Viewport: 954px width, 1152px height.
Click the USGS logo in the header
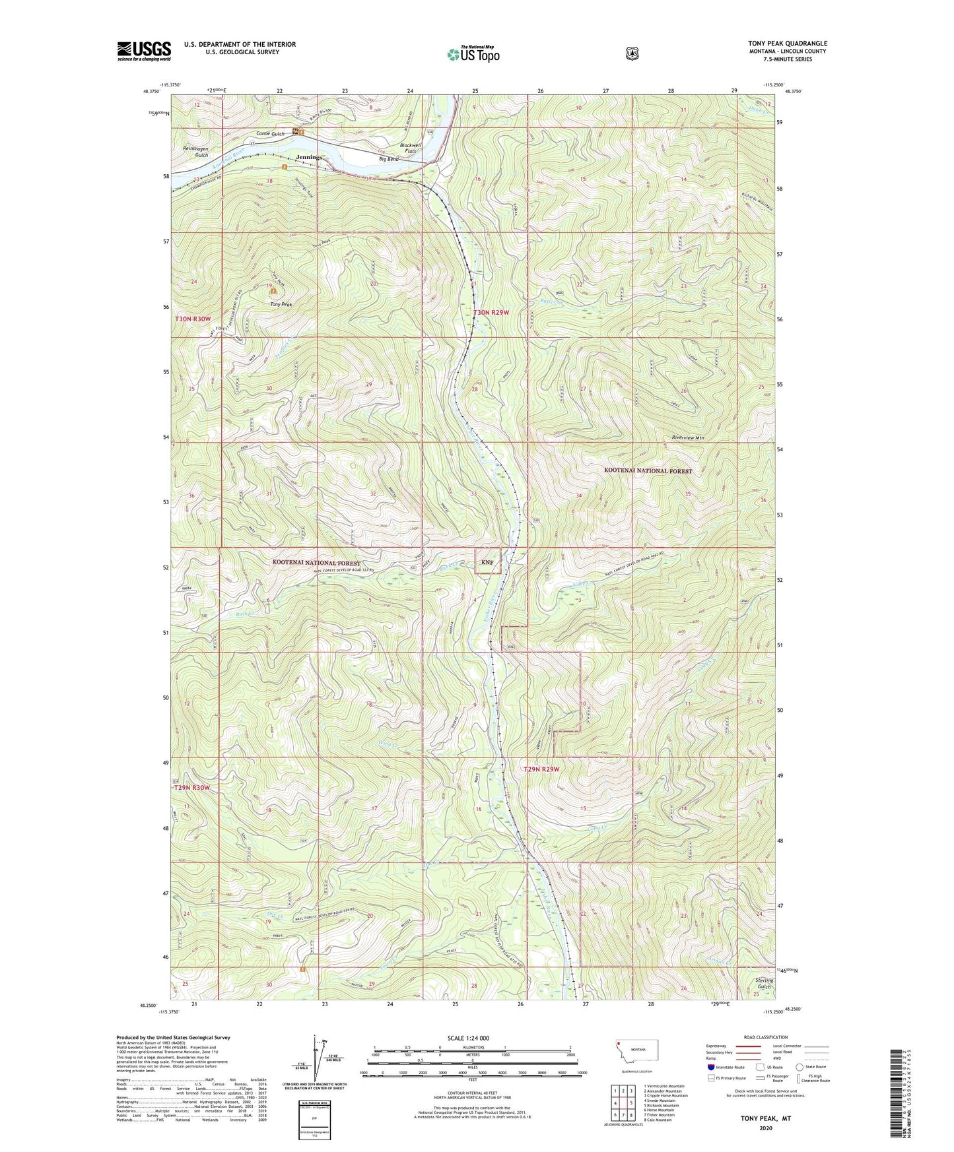click(x=144, y=51)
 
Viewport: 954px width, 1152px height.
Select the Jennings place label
click(x=309, y=158)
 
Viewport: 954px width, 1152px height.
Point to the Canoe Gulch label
click(x=271, y=134)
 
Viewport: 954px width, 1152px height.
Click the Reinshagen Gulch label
click(x=195, y=152)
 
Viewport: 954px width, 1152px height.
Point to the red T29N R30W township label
click(x=192, y=788)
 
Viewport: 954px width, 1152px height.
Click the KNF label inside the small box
click(x=487, y=562)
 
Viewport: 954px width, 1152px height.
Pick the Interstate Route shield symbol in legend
click(x=710, y=1067)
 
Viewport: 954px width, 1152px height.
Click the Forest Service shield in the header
click(x=632, y=53)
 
